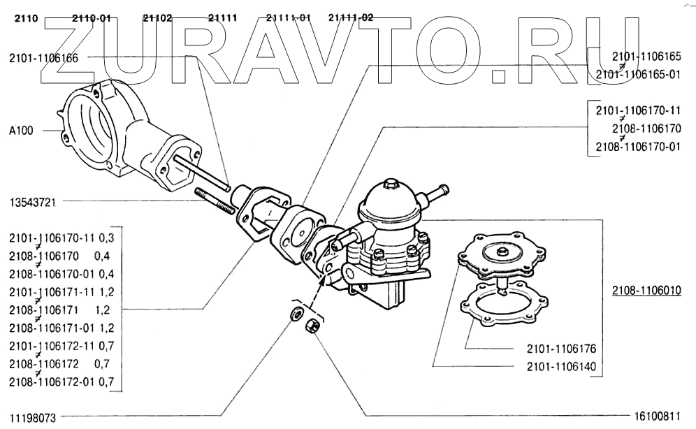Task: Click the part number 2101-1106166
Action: pyautogui.click(x=43, y=58)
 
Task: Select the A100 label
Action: pyautogui.click(x=22, y=130)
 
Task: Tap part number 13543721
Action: pyautogui.click(x=32, y=202)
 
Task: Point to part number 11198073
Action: pyautogui.click(x=32, y=417)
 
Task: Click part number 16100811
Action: pyautogui.click(x=656, y=417)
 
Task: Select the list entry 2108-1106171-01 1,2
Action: pyautogui.click(x=61, y=327)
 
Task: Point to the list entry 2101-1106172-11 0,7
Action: pyautogui.click(x=61, y=345)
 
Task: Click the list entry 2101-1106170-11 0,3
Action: pyautogui.click(x=61, y=238)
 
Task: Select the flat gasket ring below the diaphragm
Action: pyautogui.click(x=501, y=303)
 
